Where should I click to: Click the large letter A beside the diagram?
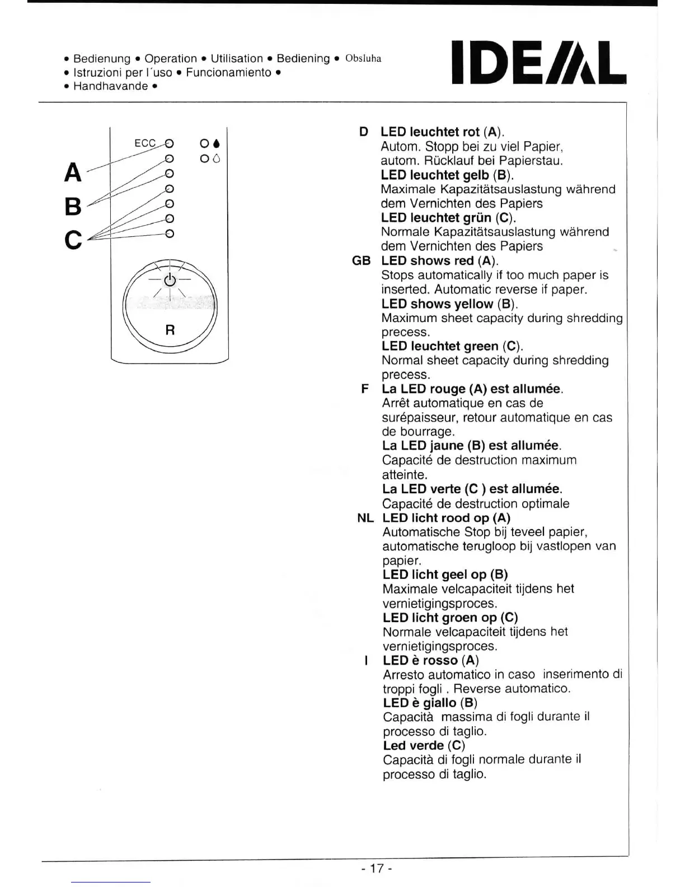tap(73, 172)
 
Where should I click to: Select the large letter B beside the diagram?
tap(73, 207)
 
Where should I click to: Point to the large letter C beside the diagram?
tap(73, 240)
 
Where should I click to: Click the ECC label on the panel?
tap(145, 143)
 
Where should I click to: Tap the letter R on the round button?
tap(170, 330)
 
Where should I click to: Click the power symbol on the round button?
tap(170, 279)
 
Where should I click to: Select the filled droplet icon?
tap(217, 144)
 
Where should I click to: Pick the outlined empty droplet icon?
tap(217, 159)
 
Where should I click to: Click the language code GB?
tap(361, 261)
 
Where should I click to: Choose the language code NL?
tap(365, 518)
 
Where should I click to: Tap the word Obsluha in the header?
tap(363, 59)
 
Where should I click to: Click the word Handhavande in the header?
tap(111, 86)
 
